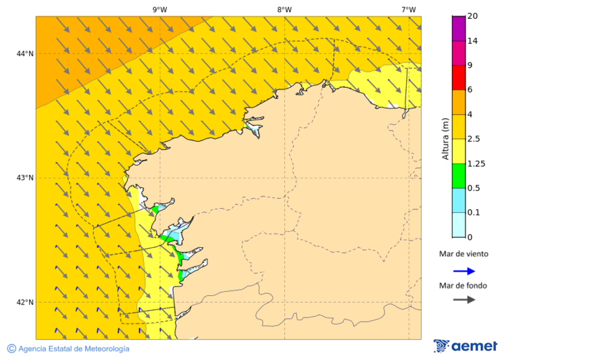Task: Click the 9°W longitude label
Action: pyautogui.click(x=159, y=9)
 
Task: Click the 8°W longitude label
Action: pyautogui.click(x=284, y=9)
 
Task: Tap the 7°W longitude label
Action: pyautogui.click(x=408, y=9)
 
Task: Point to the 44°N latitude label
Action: pyautogui.click(x=25, y=53)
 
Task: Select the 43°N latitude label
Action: pyautogui.click(x=25, y=178)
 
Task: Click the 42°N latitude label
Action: pyautogui.click(x=25, y=302)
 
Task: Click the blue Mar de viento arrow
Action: pyautogui.click(x=463, y=271)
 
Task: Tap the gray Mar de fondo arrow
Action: pyautogui.click(x=463, y=300)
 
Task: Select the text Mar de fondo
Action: pyautogui.click(x=463, y=286)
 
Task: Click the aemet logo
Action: pyautogui.click(x=465, y=346)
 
